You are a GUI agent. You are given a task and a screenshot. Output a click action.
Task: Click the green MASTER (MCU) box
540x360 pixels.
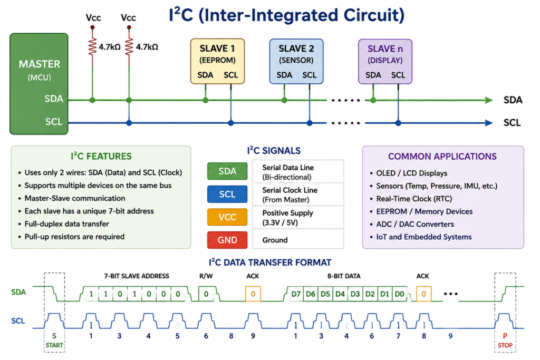click(x=39, y=84)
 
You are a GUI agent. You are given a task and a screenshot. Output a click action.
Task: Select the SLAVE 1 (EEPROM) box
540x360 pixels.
click(x=217, y=61)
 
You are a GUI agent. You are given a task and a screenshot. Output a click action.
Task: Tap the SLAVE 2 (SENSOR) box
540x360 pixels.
click(x=296, y=61)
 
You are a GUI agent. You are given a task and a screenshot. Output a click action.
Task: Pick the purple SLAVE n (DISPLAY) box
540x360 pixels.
click(x=385, y=61)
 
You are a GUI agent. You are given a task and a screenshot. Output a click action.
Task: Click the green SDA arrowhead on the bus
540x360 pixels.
click(x=489, y=100)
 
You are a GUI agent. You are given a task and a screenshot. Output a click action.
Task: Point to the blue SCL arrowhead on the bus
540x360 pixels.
click(x=489, y=123)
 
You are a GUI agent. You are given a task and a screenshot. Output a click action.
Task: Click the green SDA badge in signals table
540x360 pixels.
click(x=227, y=171)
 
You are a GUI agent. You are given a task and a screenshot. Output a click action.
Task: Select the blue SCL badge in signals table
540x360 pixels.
click(x=227, y=194)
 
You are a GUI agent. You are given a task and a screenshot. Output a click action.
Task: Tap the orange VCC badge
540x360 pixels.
click(x=227, y=217)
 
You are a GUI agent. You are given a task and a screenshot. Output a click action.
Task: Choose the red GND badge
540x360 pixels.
click(x=227, y=240)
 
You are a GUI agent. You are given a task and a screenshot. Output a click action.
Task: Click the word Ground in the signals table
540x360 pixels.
click(x=275, y=240)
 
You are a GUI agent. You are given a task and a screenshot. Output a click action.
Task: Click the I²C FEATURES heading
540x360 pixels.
click(x=101, y=156)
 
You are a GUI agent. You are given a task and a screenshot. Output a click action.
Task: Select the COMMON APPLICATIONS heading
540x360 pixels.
click(x=442, y=156)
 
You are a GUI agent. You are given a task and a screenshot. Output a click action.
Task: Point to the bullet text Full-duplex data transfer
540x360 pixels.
click(x=67, y=223)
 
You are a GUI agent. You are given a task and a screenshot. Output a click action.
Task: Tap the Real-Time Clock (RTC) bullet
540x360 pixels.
click(x=414, y=199)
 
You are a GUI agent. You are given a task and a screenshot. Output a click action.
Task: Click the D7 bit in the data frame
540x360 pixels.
click(x=296, y=294)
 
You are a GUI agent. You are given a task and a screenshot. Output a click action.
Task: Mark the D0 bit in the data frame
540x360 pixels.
click(x=400, y=294)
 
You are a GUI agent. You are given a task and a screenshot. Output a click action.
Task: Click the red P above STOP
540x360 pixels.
click(x=505, y=336)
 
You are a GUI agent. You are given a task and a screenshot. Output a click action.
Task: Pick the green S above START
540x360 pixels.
click(x=54, y=336)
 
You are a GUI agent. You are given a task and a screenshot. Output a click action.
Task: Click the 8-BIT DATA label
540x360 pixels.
click(x=344, y=276)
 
